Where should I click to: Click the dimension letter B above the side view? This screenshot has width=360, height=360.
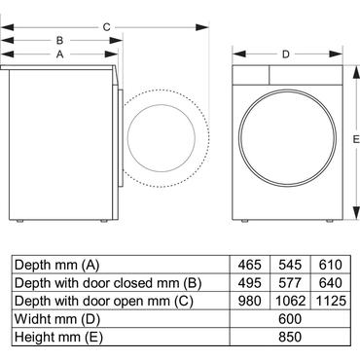59,41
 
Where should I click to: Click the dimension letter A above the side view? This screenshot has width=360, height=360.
59,55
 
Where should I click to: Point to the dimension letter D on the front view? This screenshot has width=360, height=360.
285,54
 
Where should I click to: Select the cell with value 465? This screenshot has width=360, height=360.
250,264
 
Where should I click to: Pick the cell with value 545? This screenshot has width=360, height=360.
289,264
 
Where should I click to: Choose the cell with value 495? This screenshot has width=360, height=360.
250,282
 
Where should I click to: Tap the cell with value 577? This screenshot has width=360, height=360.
289,282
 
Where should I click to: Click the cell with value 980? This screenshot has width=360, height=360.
250,301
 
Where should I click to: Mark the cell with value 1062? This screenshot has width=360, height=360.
289,301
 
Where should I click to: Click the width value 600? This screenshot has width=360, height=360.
289,319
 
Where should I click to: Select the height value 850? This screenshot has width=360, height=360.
289,338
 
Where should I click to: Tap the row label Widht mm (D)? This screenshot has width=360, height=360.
53,319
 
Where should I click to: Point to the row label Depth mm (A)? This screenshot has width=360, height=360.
54,264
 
